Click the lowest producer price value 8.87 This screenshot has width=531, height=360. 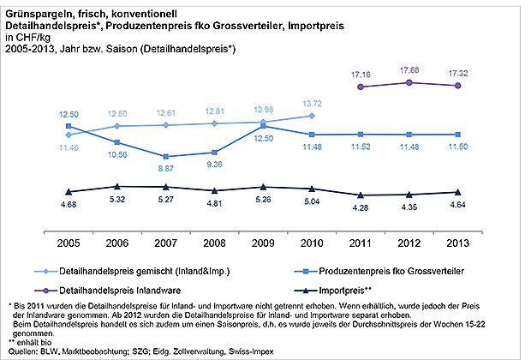165,169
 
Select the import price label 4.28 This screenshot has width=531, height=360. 361,207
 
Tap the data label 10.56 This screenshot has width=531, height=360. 116,154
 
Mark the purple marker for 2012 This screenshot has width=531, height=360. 409,82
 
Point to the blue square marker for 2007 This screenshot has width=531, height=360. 165,157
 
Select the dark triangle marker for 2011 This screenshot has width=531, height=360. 361,195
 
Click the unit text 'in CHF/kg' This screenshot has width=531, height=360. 28,38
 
